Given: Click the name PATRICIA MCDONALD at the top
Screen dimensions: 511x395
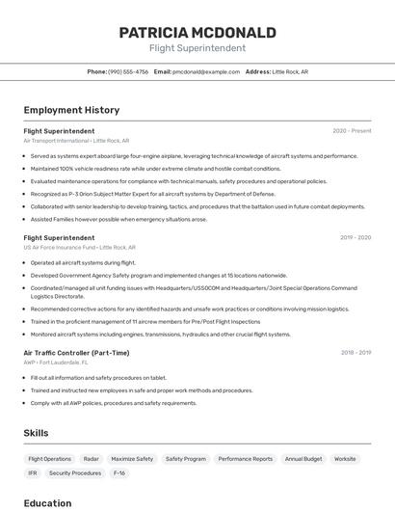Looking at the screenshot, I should click(197, 33).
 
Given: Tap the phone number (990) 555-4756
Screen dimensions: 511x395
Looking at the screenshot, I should click(128, 71).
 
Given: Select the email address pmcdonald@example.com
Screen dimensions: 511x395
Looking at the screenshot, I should click(206, 71).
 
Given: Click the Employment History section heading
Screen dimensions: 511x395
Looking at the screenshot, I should click(71, 110).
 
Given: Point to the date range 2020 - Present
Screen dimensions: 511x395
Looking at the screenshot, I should click(352, 131).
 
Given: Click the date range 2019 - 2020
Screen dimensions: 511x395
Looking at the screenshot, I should click(355, 237).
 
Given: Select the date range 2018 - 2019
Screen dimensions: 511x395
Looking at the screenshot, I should click(355, 353).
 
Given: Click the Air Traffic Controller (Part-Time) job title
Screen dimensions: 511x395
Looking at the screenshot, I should click(76, 353).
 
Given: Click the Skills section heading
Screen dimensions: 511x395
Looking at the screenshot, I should click(37, 433).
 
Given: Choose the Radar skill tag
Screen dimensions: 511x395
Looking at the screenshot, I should click(92, 459).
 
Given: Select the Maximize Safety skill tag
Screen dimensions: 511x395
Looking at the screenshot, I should click(132, 459).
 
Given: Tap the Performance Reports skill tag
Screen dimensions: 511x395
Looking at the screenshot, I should click(245, 459).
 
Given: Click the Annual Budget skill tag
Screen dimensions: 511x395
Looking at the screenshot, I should click(303, 459).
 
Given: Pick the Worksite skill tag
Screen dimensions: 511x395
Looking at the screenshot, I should click(345, 459).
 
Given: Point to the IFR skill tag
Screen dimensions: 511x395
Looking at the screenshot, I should click(33, 473).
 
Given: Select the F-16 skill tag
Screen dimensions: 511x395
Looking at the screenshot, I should click(119, 473).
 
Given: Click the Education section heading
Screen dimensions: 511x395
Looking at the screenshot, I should click(47, 502).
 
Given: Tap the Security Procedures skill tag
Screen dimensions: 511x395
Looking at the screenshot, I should click(75, 473).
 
